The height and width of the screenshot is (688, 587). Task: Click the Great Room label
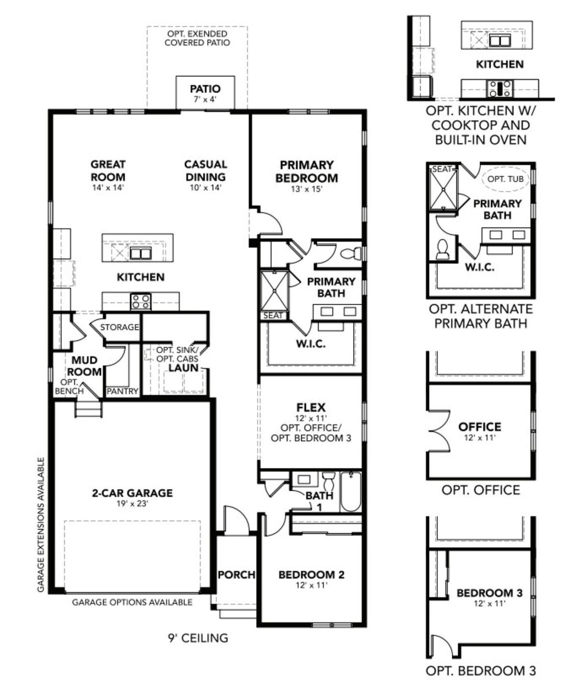pos(108,170)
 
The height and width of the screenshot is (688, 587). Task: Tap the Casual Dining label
pos(205,170)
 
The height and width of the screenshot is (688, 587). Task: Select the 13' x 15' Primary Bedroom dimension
pos(306,189)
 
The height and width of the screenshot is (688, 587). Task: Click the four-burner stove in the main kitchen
pos(140,301)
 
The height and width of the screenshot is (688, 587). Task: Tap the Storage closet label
pos(119,327)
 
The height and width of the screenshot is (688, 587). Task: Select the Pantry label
pos(122,391)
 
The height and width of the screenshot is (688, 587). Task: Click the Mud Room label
pos(86,366)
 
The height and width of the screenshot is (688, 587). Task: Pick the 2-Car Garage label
pos(132,493)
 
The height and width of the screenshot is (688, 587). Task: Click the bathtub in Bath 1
pos(351,492)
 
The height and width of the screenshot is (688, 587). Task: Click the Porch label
pos(236,574)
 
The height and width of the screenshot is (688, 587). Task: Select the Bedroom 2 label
pos(311,574)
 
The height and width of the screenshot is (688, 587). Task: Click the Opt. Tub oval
pos(505,179)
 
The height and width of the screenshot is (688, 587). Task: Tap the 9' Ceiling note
pos(198,638)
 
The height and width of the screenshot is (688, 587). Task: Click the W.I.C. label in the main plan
pos(310,344)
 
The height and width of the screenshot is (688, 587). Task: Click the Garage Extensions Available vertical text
pos(41,524)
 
